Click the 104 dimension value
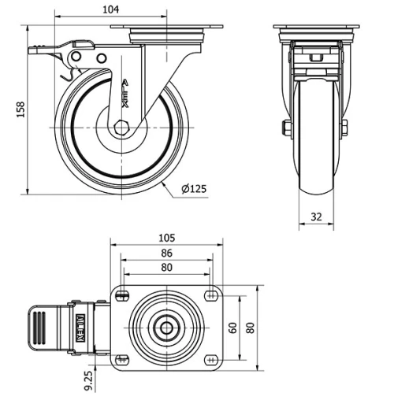click(111, 9)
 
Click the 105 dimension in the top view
click(167, 237)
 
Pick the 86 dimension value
click(165, 254)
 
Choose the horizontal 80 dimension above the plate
click(165, 267)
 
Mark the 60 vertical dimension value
click(234, 327)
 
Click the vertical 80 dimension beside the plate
click(251, 327)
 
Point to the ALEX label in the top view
click(81, 327)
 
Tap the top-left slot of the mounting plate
click(122, 295)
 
